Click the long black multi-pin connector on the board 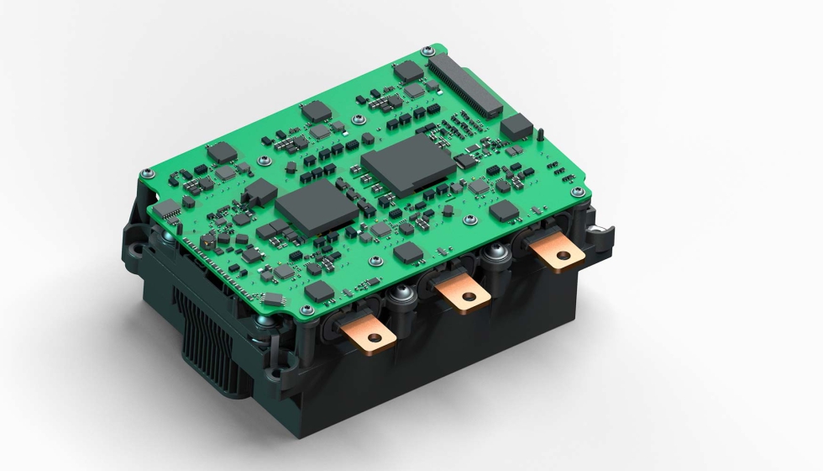[464, 85]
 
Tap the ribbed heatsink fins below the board [197, 327]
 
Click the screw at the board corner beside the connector [428, 50]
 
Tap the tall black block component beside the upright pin [516, 127]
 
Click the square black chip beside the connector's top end [410, 71]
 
